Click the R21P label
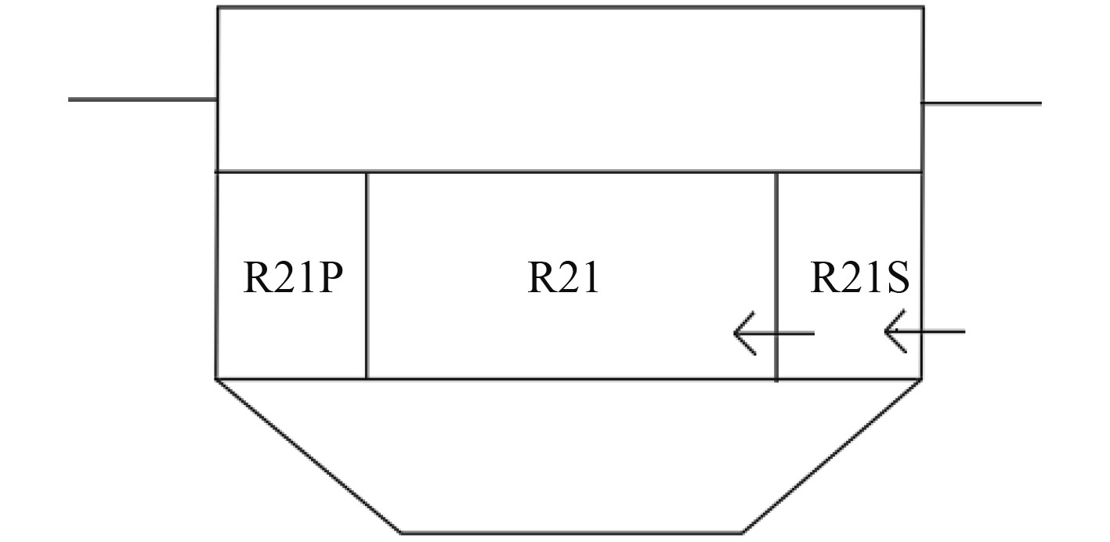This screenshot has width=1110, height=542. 293,277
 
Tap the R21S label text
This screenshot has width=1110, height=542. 859,277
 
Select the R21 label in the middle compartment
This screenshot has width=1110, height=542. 563,277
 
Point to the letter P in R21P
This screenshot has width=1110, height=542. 328,277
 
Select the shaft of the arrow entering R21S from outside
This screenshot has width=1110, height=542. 936,331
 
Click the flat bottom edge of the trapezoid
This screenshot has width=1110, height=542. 572,533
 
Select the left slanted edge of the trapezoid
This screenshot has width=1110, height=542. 309,456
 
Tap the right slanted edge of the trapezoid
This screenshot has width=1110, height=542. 832,456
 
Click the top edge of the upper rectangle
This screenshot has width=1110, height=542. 570,8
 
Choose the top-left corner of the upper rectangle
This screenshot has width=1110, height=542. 218,8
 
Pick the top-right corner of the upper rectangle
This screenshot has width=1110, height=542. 924,8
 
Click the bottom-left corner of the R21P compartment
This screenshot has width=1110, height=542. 217,379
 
